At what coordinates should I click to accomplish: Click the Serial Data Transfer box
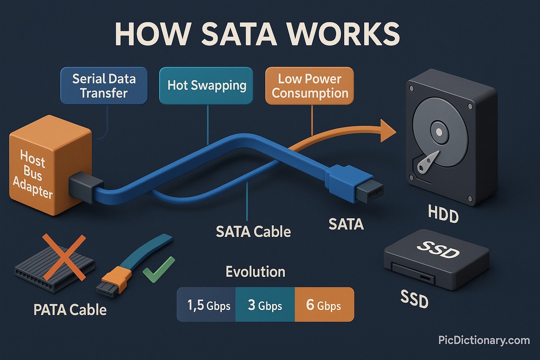(104, 86)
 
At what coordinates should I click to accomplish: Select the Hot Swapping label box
(206, 85)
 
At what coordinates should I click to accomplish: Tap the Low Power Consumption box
(309, 86)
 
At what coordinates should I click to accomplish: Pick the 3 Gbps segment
(265, 305)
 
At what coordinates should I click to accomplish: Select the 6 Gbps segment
(324, 305)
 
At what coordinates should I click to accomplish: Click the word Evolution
(255, 272)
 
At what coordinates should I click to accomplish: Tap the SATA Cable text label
(253, 232)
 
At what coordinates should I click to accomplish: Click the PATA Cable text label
(70, 310)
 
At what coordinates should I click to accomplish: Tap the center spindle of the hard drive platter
(439, 132)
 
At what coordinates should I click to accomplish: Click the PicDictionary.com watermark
(484, 340)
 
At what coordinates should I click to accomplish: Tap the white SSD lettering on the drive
(438, 250)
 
